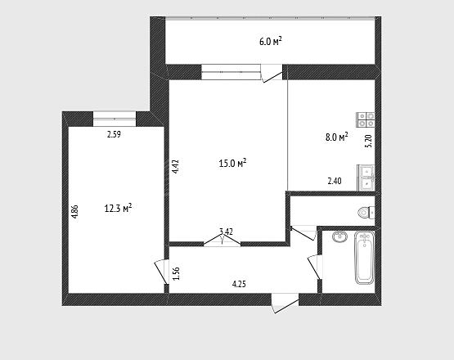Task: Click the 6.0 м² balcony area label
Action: (271, 42)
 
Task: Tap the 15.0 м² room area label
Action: (232, 164)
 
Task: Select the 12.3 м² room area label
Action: (118, 208)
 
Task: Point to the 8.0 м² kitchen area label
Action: (337, 137)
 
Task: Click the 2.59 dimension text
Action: (114, 134)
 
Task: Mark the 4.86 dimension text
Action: (74, 212)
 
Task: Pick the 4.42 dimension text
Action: (175, 167)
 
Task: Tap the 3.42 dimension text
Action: (226, 232)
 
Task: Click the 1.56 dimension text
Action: (177, 273)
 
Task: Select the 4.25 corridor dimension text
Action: (239, 284)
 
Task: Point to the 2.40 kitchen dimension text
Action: (335, 181)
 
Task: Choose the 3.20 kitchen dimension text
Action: (369, 142)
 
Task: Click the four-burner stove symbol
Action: (366, 119)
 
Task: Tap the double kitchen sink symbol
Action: (366, 178)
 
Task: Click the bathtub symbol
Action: (365, 258)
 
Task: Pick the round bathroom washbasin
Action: (340, 236)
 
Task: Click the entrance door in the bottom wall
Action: (285, 304)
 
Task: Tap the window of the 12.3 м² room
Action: (115, 119)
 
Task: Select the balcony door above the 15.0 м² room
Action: (272, 74)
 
